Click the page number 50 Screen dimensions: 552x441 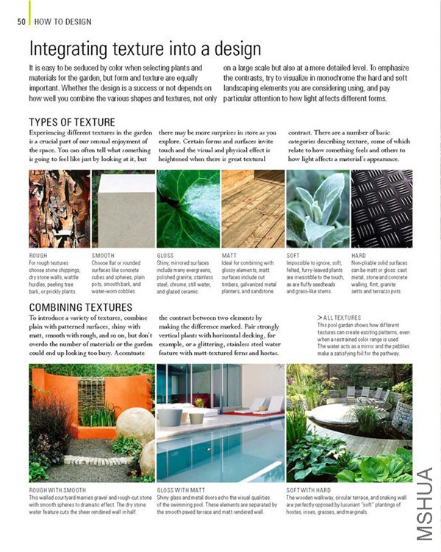coord(21,21)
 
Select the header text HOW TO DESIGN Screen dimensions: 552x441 coord(62,21)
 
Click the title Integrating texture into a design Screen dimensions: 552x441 coord(145,49)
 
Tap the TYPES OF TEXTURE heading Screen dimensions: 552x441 coord(72,122)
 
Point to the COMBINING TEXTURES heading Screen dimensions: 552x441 coord(81,307)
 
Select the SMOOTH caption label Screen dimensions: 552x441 coord(103,255)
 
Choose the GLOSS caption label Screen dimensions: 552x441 coord(165,255)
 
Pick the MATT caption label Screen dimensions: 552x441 coord(229,255)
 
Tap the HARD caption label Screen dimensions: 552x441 coord(359,255)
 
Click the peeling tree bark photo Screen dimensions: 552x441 coord(59,208)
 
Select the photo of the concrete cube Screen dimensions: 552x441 coord(123,208)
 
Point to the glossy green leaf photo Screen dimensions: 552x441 coord(187,208)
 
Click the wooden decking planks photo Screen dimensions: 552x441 coord(252,208)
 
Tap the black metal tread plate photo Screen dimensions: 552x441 coord(381,208)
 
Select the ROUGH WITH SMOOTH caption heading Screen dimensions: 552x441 coord(59,489)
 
